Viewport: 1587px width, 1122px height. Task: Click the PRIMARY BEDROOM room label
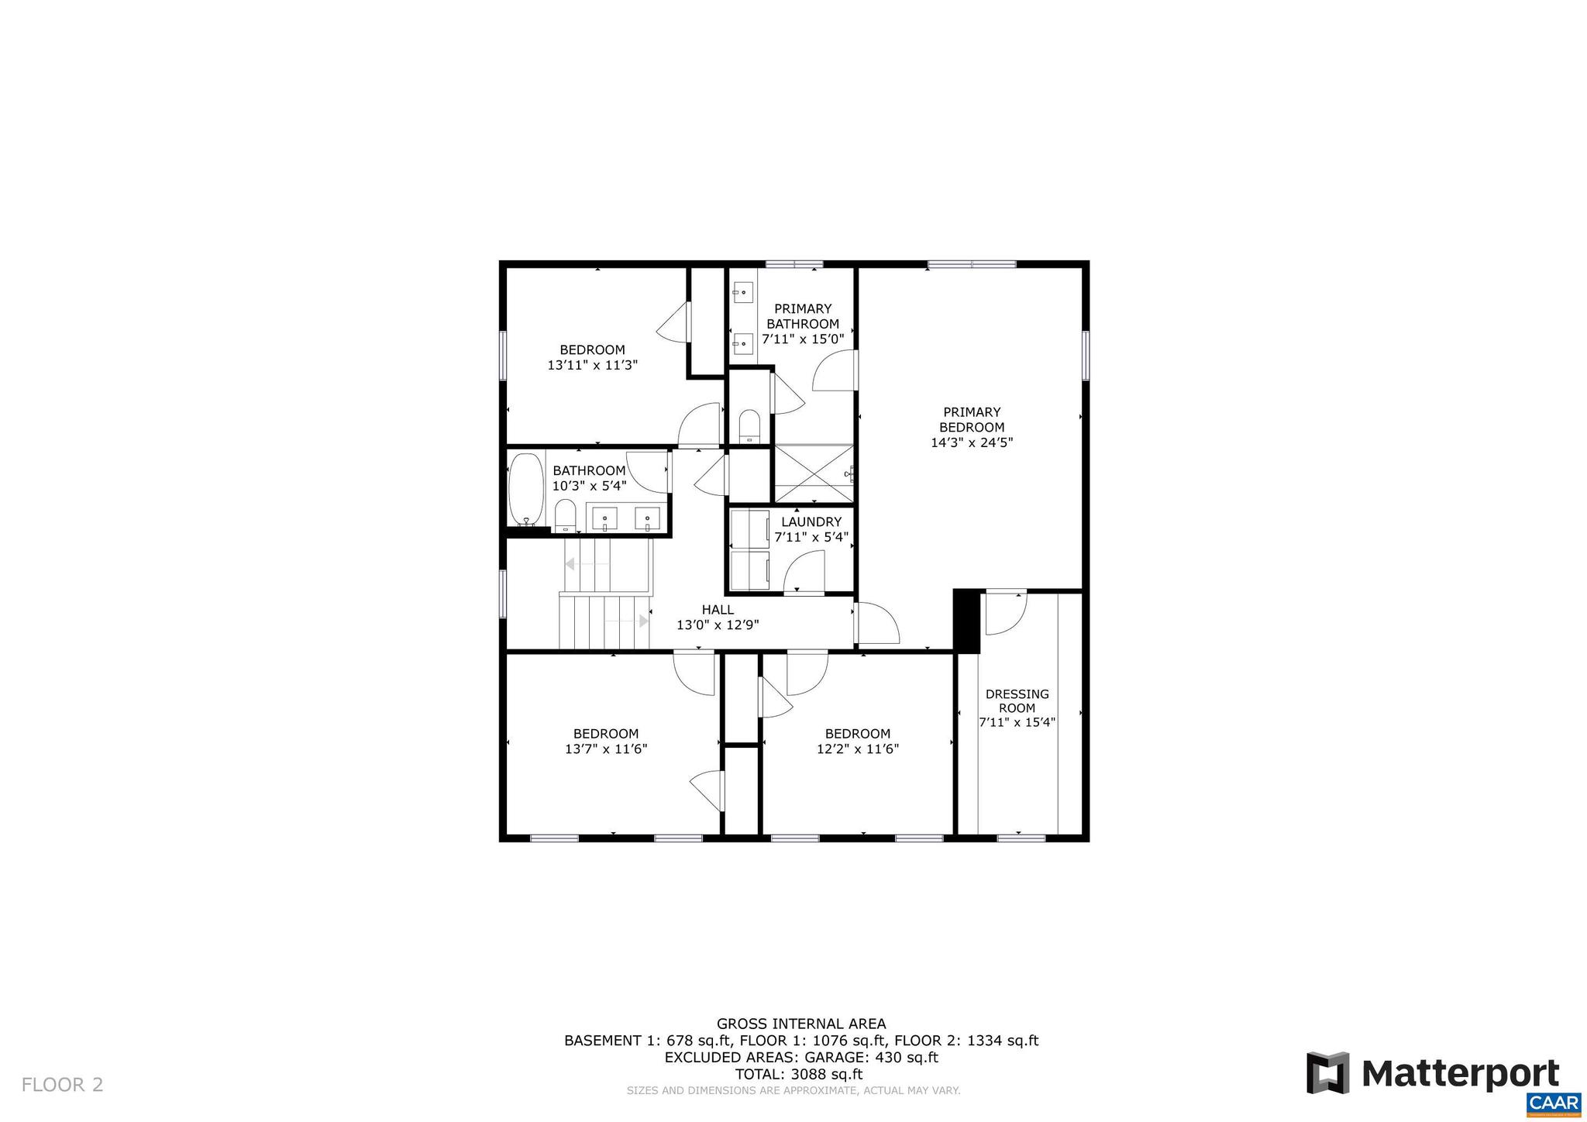click(x=972, y=419)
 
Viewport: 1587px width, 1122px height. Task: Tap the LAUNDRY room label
click(x=811, y=521)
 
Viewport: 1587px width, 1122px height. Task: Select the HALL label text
click(x=718, y=610)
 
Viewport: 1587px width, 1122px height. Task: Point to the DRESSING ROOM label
click(x=1017, y=700)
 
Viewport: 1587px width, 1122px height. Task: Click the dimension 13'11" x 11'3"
click(x=592, y=365)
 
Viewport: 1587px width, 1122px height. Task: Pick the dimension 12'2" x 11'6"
click(x=857, y=749)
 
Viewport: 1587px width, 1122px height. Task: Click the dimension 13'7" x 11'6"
click(x=606, y=749)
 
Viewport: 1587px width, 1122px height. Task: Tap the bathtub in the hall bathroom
click(x=526, y=490)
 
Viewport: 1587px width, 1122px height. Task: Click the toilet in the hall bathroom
click(x=566, y=515)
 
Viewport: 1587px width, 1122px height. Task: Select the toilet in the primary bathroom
click(x=749, y=426)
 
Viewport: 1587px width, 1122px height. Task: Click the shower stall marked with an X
click(x=812, y=473)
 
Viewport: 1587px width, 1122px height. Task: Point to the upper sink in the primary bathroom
click(x=743, y=292)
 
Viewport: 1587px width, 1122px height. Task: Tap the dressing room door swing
click(x=1006, y=612)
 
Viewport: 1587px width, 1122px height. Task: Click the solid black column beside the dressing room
click(x=966, y=620)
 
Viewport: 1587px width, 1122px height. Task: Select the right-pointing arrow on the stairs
click(x=643, y=621)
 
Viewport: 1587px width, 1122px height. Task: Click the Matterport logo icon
click(x=1328, y=1073)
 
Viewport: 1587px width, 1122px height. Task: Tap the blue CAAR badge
click(x=1554, y=1103)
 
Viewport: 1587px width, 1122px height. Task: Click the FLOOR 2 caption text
click(x=62, y=1084)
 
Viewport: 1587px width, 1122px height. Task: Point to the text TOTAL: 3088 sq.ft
click(x=798, y=1074)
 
